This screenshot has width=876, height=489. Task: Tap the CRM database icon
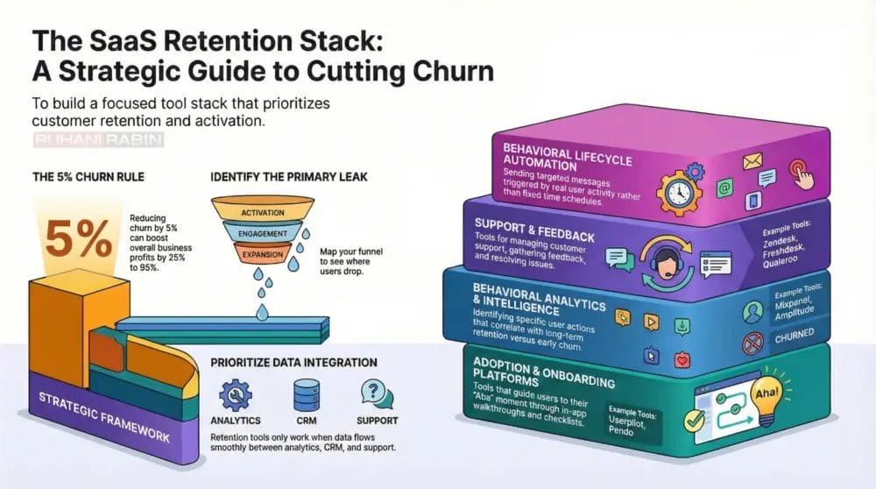pyautogui.click(x=304, y=393)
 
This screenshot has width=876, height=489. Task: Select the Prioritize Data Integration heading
pyautogui.click(x=293, y=362)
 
